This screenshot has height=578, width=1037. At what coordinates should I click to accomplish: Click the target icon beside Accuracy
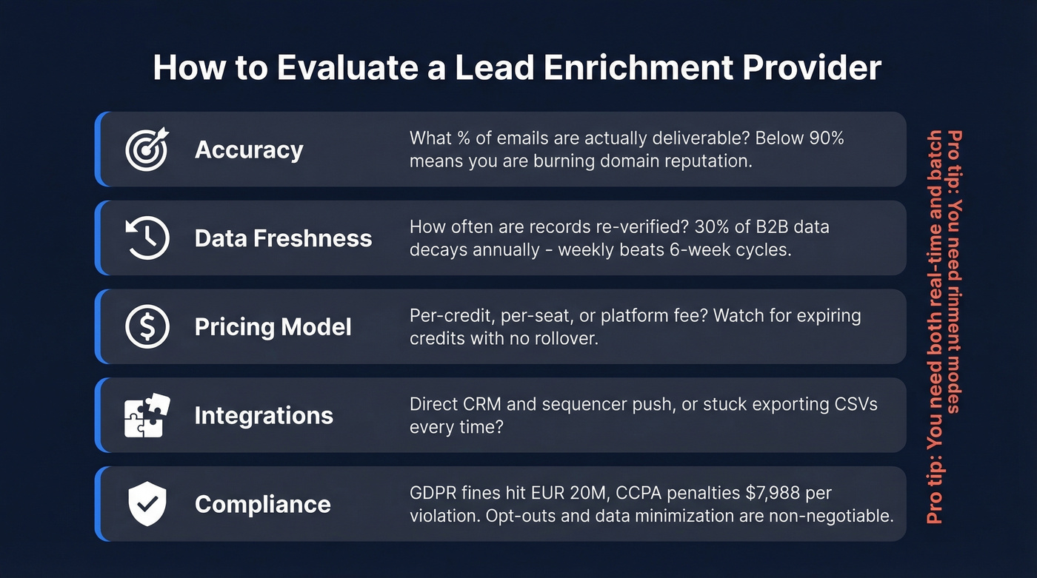coord(147,149)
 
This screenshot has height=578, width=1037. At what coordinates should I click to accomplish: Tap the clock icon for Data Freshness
coord(147,238)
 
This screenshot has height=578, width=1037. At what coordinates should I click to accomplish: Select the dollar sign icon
coord(147,326)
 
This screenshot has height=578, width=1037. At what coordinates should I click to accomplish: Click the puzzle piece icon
coord(147,415)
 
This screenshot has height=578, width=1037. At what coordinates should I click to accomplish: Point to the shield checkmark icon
coord(147,504)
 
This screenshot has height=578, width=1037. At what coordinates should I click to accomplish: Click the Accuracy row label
coord(249,149)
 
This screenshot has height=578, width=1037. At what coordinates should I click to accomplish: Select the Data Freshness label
coord(283,238)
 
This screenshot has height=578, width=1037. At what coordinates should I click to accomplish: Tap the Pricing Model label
coord(273,327)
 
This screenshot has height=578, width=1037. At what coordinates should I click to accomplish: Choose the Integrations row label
coord(264,416)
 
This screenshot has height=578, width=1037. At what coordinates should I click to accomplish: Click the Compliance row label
coord(262,505)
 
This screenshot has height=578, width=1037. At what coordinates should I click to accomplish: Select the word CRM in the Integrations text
coord(479,405)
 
